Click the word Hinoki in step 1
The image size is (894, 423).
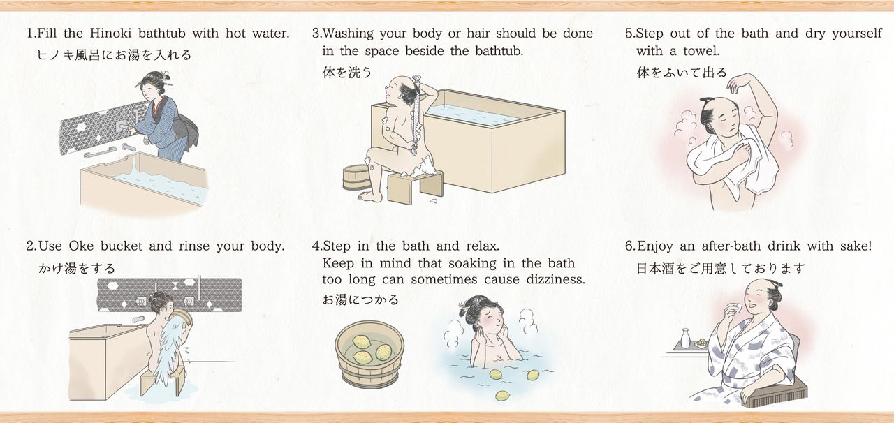click(110, 33)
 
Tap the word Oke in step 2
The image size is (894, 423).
click(81, 246)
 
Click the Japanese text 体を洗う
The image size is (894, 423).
click(347, 73)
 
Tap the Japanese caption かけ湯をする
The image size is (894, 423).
click(77, 268)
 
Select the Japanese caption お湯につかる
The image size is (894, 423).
click(360, 299)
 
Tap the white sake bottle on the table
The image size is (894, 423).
click(685, 339)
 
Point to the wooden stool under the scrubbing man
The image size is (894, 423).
click(415, 186)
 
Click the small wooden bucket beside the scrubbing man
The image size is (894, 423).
click(356, 177)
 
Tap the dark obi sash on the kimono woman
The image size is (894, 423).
click(186, 130)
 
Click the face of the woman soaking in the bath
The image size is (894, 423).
click(489, 322)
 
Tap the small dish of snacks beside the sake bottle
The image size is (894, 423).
click(701, 343)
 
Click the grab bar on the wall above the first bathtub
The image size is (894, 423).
click(100, 152)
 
